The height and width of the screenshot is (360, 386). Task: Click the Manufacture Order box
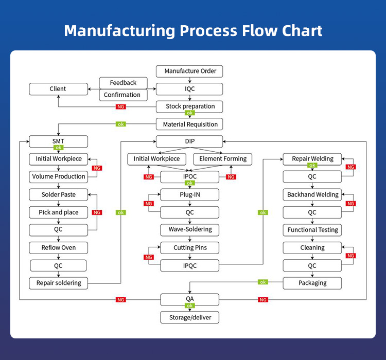pyautogui.click(x=190, y=71)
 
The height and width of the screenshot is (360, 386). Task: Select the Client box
pyautogui.click(x=58, y=89)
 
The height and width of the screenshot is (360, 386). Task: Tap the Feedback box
pyautogui.click(x=123, y=83)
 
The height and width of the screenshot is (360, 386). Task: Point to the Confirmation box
pyautogui.click(x=122, y=95)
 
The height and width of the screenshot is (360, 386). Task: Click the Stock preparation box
pyautogui.click(x=190, y=106)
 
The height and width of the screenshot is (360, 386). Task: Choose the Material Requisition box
pyautogui.click(x=190, y=124)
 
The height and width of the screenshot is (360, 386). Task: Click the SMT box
pyautogui.click(x=58, y=141)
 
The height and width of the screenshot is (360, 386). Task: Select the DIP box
pyautogui.click(x=190, y=141)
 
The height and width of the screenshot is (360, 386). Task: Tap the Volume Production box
pyautogui.click(x=58, y=176)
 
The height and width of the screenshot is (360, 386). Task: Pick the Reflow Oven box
pyautogui.click(x=58, y=248)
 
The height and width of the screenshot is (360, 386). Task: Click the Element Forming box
pyautogui.click(x=223, y=159)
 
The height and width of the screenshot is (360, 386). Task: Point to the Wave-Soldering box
pyautogui.click(x=190, y=229)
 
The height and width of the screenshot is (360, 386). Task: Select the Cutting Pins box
pyautogui.click(x=190, y=248)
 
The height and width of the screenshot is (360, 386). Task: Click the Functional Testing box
pyautogui.click(x=312, y=230)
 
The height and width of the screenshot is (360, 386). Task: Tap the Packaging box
pyautogui.click(x=312, y=283)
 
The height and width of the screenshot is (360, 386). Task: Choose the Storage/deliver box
pyautogui.click(x=190, y=318)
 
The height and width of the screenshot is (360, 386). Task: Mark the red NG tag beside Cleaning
pyautogui.click(x=351, y=256)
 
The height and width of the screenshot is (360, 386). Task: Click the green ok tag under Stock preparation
pyautogui.click(x=190, y=113)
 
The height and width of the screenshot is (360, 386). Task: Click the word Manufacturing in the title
pyautogui.click(x=118, y=30)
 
